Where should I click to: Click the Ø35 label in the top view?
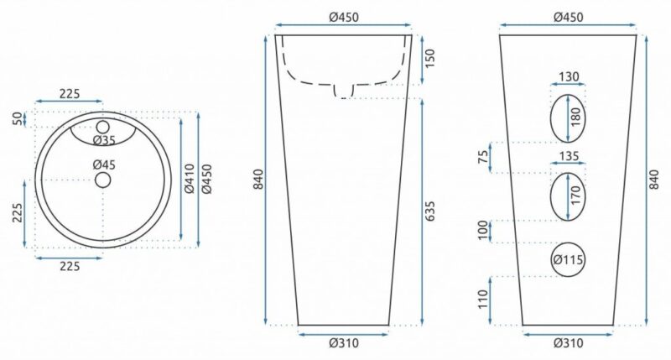click(104, 140)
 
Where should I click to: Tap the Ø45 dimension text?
click(104, 164)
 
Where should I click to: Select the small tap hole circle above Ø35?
click(103, 127)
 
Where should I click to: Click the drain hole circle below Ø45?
click(102, 180)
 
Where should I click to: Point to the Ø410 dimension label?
click(190, 179)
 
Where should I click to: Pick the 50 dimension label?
click(17, 119)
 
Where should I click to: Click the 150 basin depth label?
click(429, 58)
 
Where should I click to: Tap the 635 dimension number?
click(429, 211)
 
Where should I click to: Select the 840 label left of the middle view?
click(259, 180)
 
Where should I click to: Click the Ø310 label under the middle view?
click(344, 343)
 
